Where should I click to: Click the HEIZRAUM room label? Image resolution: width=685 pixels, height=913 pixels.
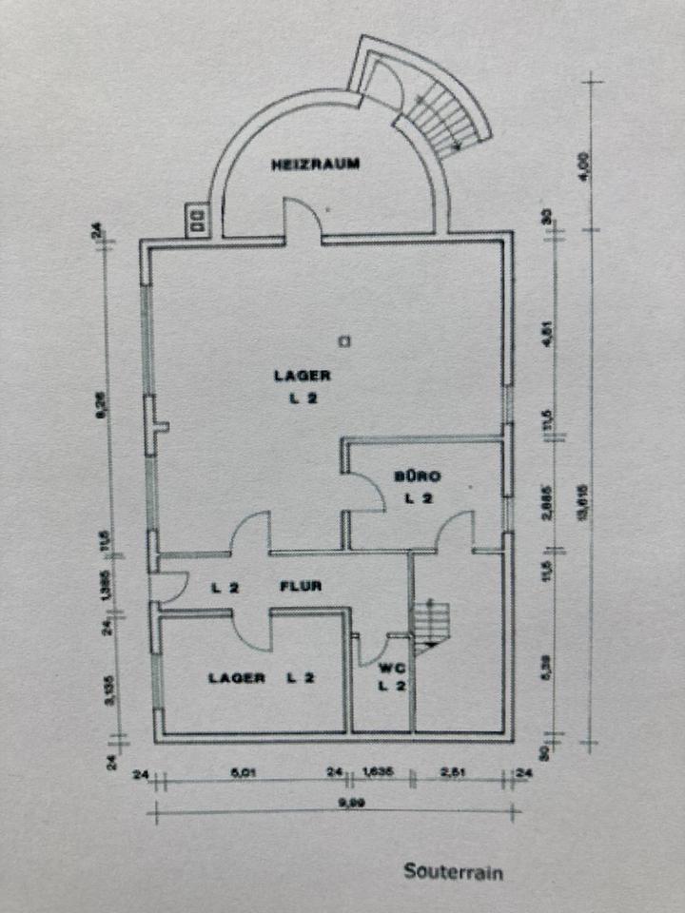(x=315, y=164)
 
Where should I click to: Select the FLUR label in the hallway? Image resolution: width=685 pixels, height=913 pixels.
(x=300, y=587)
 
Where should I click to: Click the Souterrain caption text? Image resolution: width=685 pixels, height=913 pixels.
(x=453, y=870)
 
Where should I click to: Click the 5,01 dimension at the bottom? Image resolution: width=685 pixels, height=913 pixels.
(x=245, y=772)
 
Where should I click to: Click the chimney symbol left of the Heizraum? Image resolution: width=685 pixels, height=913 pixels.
(x=198, y=221)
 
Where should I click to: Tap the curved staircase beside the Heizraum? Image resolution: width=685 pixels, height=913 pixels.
(x=440, y=109)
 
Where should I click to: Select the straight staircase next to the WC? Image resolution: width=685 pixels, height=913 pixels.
(x=430, y=623)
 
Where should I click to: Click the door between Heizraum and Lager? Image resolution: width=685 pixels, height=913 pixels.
(x=303, y=224)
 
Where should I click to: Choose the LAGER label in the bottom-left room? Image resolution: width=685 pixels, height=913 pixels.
(x=237, y=678)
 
